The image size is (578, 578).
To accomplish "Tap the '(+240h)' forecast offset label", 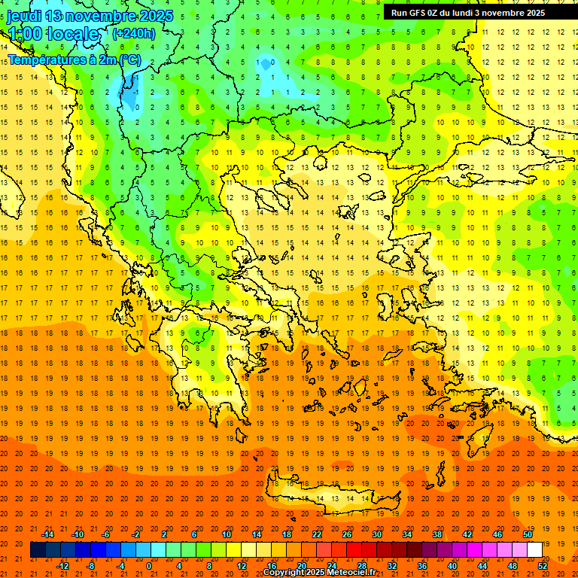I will [x=134, y=33].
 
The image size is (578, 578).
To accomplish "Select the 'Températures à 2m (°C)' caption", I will [x=74, y=59].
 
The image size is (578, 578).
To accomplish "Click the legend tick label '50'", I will [x=528, y=534].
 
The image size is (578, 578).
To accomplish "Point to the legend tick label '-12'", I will [x=62, y=566].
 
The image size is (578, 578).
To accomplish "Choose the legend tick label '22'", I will [x=317, y=534].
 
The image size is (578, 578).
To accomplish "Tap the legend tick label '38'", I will [x=437, y=534].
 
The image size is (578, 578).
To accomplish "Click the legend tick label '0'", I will [x=149, y=566].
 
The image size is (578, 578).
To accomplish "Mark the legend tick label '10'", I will [x=227, y=534].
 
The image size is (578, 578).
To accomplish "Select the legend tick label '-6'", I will [x=107, y=534].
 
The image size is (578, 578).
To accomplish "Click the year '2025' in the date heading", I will [x=156, y=16].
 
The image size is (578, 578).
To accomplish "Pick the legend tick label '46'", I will [x=497, y=534].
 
